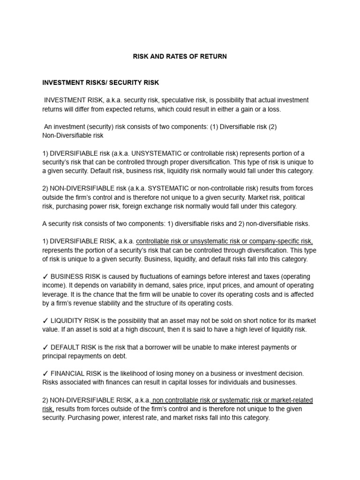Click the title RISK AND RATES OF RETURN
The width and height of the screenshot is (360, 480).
(180, 57)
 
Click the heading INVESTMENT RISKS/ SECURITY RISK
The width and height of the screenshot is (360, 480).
(101, 83)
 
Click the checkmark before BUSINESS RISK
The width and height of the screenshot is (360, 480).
(45, 277)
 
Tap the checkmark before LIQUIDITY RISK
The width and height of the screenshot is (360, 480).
(45, 321)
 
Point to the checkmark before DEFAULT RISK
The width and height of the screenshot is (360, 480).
(45, 347)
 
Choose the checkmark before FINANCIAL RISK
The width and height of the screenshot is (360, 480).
(45, 374)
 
